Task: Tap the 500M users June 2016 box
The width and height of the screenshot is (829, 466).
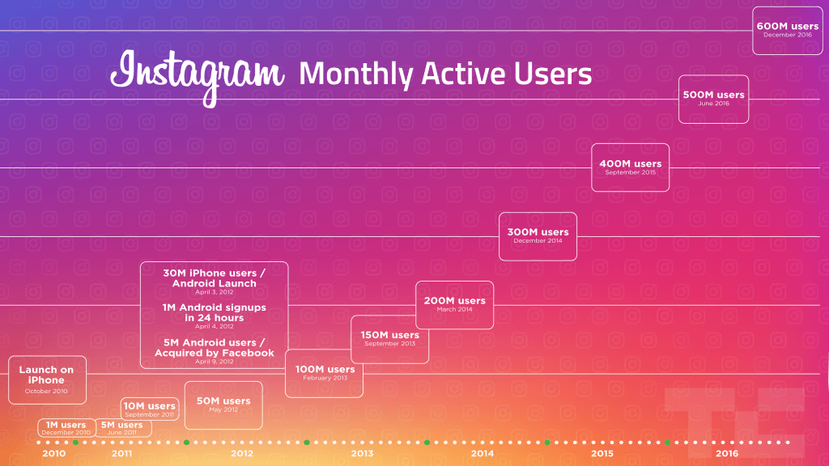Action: [713, 98]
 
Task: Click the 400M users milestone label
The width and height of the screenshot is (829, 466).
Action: [630, 167]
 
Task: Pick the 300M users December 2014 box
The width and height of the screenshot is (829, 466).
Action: [538, 235]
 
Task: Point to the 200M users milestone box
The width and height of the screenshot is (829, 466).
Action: [454, 304]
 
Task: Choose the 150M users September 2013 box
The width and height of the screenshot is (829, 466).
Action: [389, 338]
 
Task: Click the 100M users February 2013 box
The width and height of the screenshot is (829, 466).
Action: [324, 373]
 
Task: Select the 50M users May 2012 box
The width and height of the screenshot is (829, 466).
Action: [223, 405]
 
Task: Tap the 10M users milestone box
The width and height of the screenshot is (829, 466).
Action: [149, 409]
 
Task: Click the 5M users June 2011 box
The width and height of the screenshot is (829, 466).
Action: [121, 428]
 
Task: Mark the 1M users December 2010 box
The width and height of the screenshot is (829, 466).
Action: [66, 428]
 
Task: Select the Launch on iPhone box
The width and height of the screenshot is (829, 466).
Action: [46, 379]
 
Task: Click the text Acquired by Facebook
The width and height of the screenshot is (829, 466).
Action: [215, 353]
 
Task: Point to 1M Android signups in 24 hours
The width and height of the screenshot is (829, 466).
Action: [214, 313]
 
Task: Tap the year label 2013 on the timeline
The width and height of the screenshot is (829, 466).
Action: [362, 454]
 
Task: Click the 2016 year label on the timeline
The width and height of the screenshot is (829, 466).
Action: [727, 454]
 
